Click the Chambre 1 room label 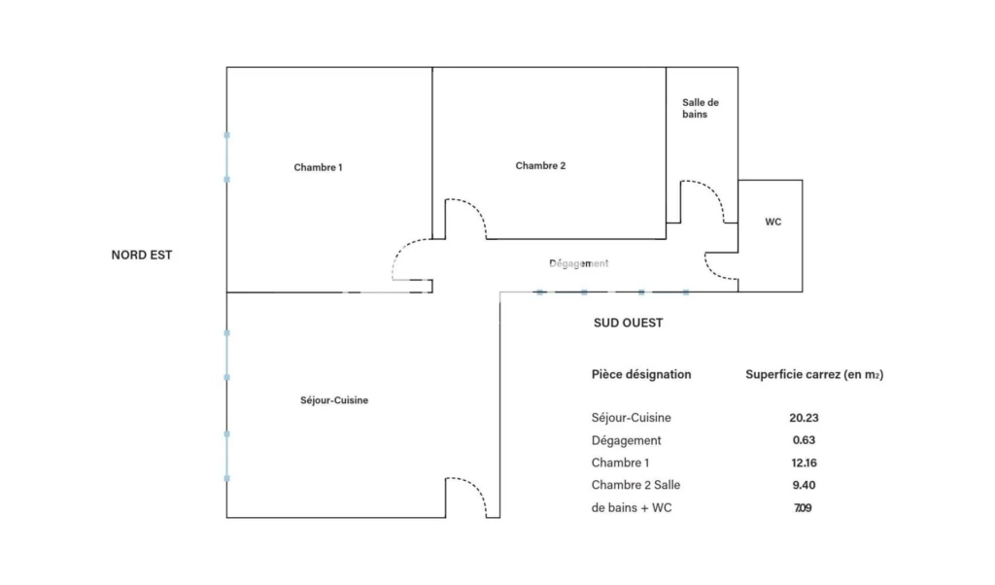pos(318,167)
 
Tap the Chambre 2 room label pos(540,165)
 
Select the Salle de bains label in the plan pos(701,109)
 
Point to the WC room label pos(772,223)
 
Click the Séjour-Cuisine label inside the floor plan pos(334,400)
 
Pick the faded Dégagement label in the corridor pos(579,263)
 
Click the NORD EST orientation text pos(142,255)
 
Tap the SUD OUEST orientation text pos(629,323)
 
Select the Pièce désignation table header pos(641,374)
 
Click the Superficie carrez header pos(814,374)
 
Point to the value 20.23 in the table pos(804,418)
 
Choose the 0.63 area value pos(804,440)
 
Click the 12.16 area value pos(804,464)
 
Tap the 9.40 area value pos(804,485)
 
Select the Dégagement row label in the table pos(627,441)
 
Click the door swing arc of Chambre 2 pos(475,208)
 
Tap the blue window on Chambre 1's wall pos(226,157)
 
